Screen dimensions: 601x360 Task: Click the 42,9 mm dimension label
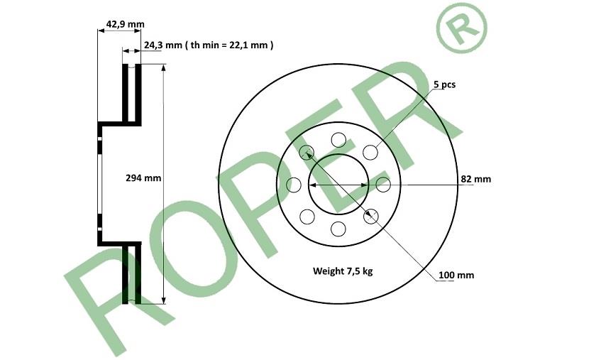click(126, 24)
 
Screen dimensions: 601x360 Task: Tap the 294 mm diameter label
click(143, 178)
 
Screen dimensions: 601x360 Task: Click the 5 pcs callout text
click(445, 84)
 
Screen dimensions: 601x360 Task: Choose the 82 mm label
click(475, 179)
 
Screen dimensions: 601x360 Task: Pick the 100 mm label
click(456, 275)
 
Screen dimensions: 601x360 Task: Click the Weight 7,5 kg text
click(343, 271)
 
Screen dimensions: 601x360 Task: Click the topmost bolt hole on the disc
click(338, 140)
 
